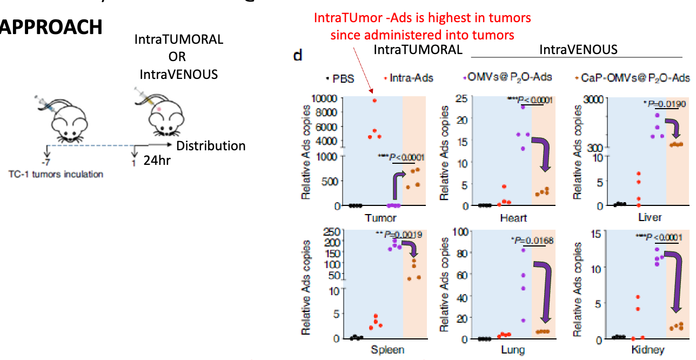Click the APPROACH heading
point(51,27)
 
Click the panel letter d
point(297,56)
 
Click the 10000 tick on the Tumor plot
point(329,98)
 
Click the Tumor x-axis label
point(380,218)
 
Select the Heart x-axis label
point(513,218)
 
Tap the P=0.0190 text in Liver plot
point(661,102)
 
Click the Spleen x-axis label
point(387,350)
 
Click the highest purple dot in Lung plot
point(523,250)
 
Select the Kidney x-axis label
point(648,350)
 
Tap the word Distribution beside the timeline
point(211,146)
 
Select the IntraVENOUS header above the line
point(578,50)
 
